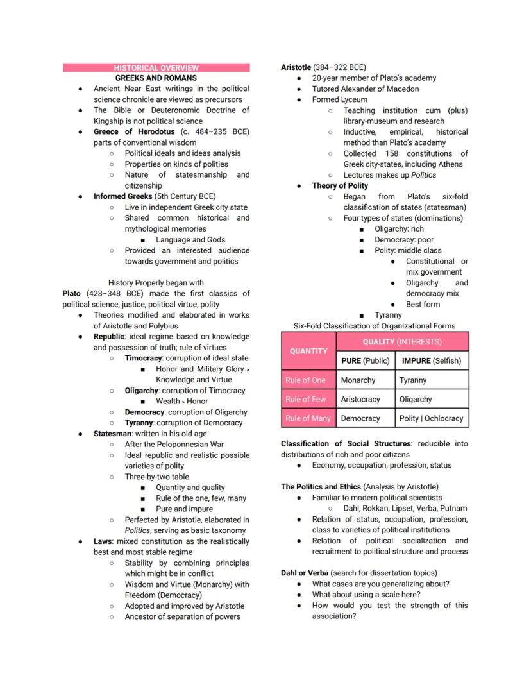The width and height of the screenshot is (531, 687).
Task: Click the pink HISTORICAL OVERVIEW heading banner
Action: (x=156, y=67)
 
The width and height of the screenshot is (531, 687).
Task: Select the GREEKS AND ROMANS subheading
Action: (x=156, y=78)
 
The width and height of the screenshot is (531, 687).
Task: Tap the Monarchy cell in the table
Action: (x=358, y=380)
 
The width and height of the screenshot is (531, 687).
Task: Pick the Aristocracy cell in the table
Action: (x=360, y=399)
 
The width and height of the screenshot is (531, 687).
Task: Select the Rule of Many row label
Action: (x=308, y=418)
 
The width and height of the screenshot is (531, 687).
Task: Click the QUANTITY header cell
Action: (x=308, y=351)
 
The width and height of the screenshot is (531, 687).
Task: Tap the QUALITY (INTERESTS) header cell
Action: (x=402, y=341)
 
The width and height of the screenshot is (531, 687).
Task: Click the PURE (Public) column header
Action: (x=365, y=360)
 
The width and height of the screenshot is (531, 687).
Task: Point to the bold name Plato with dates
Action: (x=72, y=293)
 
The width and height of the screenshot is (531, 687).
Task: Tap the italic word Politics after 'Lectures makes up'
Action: (x=423, y=175)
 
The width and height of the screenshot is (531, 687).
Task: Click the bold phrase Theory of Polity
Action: (x=340, y=185)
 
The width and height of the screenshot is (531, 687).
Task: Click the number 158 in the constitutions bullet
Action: (x=391, y=153)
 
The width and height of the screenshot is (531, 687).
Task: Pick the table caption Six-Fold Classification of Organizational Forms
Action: (x=375, y=325)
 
